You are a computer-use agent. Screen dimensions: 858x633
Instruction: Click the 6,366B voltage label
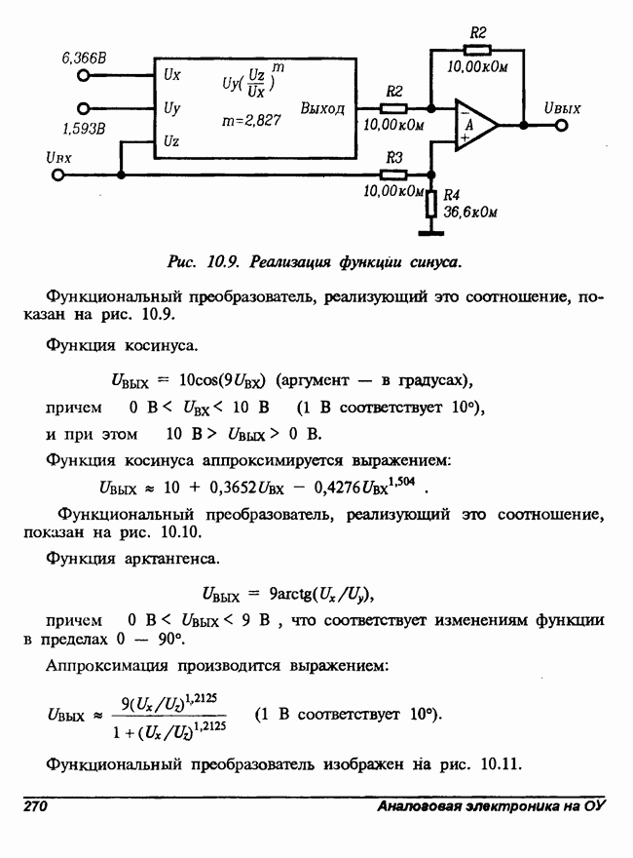click(x=85, y=59)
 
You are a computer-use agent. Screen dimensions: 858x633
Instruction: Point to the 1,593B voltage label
click(x=85, y=128)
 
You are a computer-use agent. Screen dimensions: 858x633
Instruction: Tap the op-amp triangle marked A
click(x=473, y=125)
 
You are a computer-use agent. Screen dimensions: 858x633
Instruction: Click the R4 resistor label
click(x=451, y=195)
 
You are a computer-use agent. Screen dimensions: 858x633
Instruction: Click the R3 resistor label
click(x=394, y=156)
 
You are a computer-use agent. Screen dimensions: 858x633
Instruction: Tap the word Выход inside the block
click(x=322, y=108)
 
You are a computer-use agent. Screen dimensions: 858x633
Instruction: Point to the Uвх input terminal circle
click(x=57, y=175)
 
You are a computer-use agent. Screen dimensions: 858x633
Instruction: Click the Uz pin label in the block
click(x=170, y=141)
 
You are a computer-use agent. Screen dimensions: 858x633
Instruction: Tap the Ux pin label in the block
click(x=171, y=73)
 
